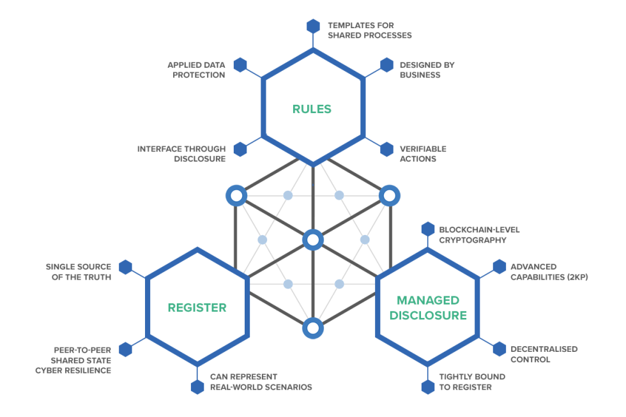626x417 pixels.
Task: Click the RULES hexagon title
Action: (312, 109)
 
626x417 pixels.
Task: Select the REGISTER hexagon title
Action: (197, 307)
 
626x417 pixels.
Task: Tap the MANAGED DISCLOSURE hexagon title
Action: (428, 307)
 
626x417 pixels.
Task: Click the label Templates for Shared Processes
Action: (369, 30)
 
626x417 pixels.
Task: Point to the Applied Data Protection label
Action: (195, 70)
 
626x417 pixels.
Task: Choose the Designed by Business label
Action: (427, 70)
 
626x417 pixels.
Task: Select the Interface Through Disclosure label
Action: (181, 153)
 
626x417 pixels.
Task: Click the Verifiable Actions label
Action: (423, 153)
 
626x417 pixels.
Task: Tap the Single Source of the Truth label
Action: (78, 271)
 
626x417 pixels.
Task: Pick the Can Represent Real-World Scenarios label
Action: (261, 382)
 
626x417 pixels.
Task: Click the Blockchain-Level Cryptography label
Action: (479, 234)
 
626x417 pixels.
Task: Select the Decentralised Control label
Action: (544, 354)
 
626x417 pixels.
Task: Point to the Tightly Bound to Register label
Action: (471, 382)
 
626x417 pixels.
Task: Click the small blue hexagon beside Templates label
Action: (313, 26)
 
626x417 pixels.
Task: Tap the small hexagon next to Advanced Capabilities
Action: (500, 267)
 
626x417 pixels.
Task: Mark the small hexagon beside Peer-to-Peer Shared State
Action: (125, 349)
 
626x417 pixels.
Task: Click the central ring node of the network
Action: (312, 240)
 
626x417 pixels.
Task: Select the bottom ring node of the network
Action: (312, 328)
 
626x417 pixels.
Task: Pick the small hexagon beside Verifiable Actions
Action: (386, 149)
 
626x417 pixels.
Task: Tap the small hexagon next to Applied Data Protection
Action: (240, 64)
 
